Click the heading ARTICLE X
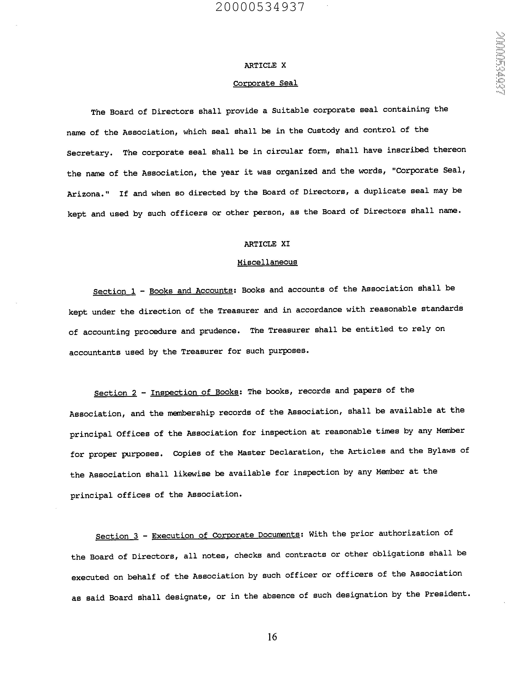pyautogui.click(x=265, y=65)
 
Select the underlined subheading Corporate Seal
pyautogui.click(x=265, y=83)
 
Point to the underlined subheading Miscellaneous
pyautogui.click(x=267, y=262)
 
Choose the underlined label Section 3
pyautogui.click(x=117, y=536)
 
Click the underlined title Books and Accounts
pyautogui.click(x=191, y=291)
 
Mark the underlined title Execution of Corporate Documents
pyautogui.click(x=226, y=535)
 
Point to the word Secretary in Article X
pyautogui.click(x=88, y=153)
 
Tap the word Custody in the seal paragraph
pyautogui.click(x=323, y=131)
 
